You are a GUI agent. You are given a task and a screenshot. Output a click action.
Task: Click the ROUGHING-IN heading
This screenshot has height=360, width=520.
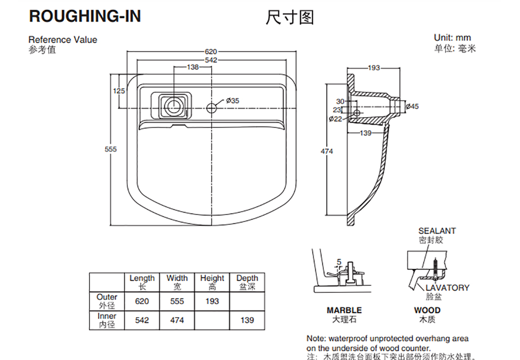click(x=85, y=17)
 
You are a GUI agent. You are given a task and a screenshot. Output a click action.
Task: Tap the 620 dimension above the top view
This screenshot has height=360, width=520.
click(x=211, y=52)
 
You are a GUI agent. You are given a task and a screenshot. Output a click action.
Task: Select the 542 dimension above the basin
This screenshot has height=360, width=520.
click(x=211, y=60)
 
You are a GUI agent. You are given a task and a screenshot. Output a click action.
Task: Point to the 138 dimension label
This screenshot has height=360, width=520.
click(x=193, y=67)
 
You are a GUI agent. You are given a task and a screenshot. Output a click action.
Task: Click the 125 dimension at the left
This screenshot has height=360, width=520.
click(x=119, y=91)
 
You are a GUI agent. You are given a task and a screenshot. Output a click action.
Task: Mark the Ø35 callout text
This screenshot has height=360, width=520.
click(x=232, y=100)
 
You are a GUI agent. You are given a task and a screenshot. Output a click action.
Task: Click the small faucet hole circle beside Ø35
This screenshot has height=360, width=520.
click(x=212, y=107)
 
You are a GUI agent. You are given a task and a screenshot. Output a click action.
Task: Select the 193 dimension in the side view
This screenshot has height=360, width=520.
click(x=373, y=68)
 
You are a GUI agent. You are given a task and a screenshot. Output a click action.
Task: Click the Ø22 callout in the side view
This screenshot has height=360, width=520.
click(x=336, y=119)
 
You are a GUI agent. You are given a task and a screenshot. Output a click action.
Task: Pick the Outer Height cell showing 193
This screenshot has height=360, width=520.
click(x=212, y=301)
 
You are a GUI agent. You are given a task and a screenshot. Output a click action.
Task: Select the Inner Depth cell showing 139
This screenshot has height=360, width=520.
click(x=247, y=320)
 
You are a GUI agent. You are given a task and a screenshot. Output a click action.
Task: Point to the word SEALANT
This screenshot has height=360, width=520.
click(x=437, y=231)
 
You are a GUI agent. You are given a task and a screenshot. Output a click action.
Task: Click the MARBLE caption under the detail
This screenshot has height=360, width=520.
click(x=344, y=310)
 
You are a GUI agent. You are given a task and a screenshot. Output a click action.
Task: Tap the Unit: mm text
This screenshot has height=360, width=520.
click(x=452, y=38)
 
